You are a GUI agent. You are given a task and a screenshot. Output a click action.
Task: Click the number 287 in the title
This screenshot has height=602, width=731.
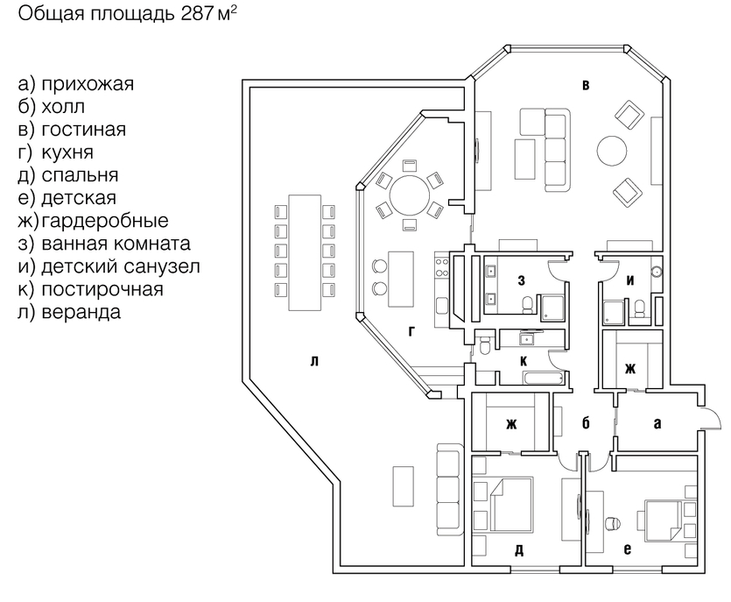197,13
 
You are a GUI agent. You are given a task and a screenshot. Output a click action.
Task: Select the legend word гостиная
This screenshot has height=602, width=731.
83,130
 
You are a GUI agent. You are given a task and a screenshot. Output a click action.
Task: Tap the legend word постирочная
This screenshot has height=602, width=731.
102,289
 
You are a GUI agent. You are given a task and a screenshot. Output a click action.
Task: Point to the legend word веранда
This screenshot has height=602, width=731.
81,312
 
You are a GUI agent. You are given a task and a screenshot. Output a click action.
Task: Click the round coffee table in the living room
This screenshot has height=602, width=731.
612,150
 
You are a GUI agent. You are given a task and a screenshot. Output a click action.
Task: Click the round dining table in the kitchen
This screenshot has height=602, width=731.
410,195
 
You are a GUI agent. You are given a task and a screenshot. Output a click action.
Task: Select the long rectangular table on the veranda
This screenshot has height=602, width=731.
305,252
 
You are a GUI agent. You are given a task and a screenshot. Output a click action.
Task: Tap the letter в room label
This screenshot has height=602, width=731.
586,85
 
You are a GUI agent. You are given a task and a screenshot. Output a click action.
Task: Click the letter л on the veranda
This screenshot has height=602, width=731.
314,361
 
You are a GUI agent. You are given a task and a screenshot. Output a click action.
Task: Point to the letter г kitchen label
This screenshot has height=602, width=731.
411,331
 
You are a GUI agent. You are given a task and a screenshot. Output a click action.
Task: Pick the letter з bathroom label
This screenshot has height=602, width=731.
522,280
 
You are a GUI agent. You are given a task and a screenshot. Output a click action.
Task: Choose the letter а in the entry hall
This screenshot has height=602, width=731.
657,423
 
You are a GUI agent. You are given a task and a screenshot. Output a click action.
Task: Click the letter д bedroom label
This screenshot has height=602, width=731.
519,550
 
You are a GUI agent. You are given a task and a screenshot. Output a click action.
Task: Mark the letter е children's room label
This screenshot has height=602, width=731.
628,549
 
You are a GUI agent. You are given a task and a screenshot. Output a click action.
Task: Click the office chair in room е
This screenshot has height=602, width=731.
612,522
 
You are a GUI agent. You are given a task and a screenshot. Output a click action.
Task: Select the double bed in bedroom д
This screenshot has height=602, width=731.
511,504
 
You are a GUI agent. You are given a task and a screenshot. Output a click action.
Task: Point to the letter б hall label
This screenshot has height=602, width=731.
586,423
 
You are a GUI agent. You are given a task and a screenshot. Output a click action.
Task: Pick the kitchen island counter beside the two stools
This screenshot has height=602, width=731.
401,279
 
